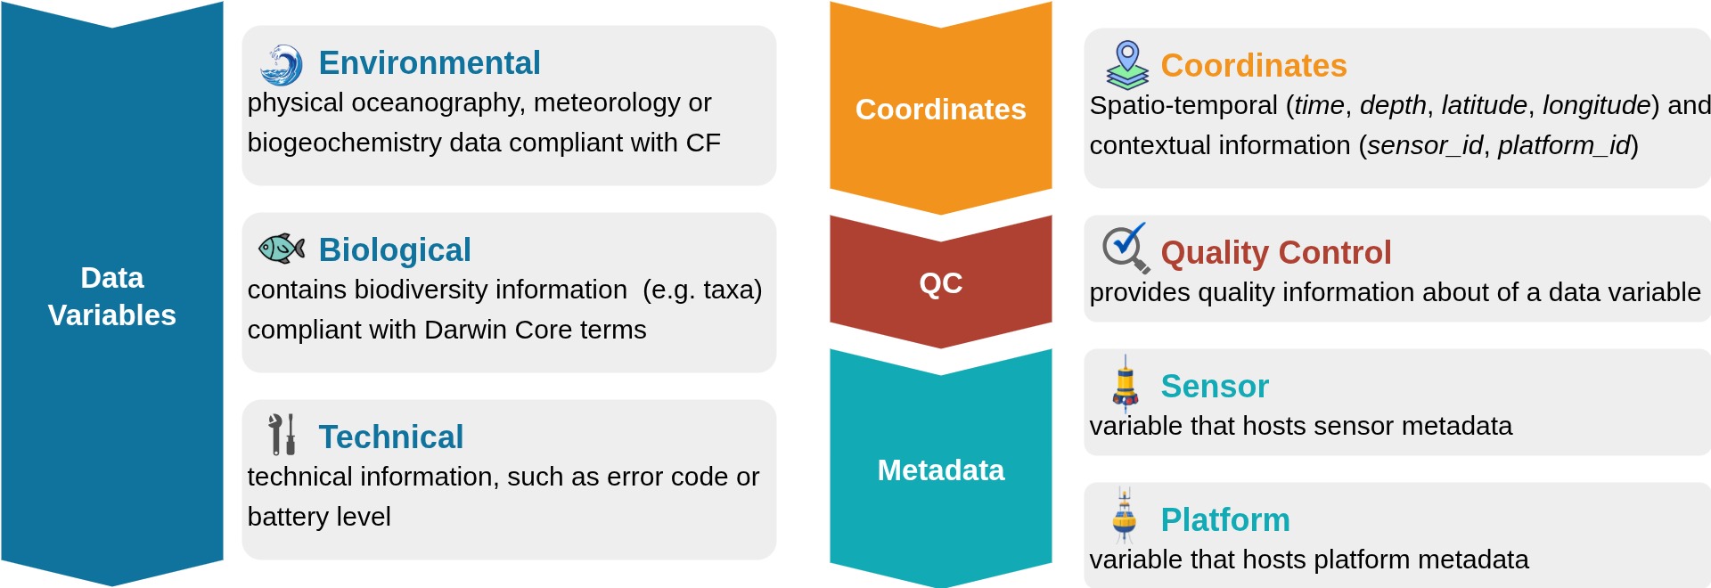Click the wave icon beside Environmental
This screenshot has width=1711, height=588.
[x=282, y=65]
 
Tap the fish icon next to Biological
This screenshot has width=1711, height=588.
[x=282, y=248]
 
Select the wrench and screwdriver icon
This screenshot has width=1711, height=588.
[x=282, y=435]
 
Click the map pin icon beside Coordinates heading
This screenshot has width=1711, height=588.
[x=1127, y=65]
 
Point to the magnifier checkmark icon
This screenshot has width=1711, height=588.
[x=1126, y=248]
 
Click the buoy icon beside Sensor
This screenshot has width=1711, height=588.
[x=1126, y=383]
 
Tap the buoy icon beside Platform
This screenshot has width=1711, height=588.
[x=1125, y=516]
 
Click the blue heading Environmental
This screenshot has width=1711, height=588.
[x=430, y=63]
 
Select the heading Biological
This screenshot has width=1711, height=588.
[x=395, y=250]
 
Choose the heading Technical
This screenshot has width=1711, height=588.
[x=391, y=437]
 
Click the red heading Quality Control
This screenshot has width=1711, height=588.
[x=1275, y=253]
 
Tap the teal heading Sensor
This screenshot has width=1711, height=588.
[x=1215, y=387]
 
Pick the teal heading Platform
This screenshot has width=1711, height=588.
[x=1225, y=520]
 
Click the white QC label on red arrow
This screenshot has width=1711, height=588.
[x=941, y=283]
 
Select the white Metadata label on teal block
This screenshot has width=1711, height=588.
[x=941, y=470]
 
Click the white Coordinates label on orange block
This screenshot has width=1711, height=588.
[x=941, y=110]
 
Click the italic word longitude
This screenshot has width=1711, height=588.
[x=1596, y=105]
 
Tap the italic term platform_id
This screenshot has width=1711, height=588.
[x=1564, y=145]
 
